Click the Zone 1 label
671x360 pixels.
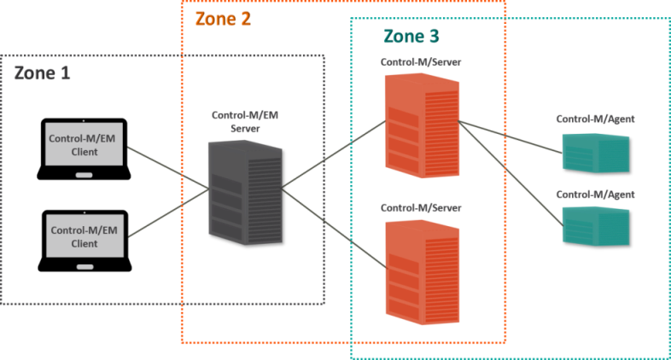pyautogui.click(x=42, y=73)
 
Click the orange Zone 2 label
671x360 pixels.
pyautogui.click(x=223, y=19)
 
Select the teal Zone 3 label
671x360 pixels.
pyautogui.click(x=411, y=36)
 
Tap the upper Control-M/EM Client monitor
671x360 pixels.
pyautogui.click(x=85, y=145)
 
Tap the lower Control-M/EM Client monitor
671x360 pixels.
pyautogui.click(x=85, y=236)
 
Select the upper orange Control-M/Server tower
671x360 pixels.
pyautogui.click(x=422, y=125)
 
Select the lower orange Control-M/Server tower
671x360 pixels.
pyautogui.click(x=422, y=272)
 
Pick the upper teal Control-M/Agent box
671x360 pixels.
pyautogui.click(x=596, y=154)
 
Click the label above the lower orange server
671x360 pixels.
pyautogui.click(x=421, y=208)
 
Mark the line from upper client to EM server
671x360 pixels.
pyautogui.click(x=169, y=168)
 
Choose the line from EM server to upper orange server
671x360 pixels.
pyautogui.click(x=333, y=155)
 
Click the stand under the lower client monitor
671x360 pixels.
pyautogui.click(x=85, y=267)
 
